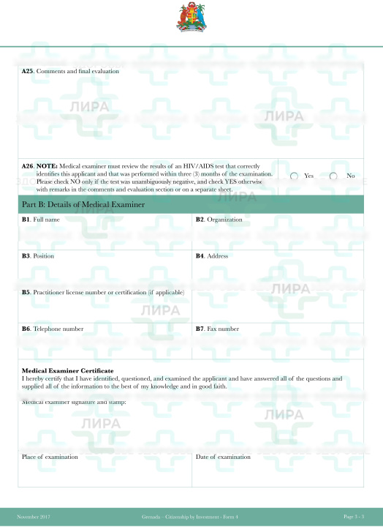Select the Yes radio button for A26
295,176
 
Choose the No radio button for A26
333,176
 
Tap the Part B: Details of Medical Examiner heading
83,203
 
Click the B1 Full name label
41,220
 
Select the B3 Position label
38,256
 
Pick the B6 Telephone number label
53,329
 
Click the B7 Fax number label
217,329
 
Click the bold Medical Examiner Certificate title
67,371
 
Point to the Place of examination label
50,457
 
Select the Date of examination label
223,457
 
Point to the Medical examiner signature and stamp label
75,402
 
